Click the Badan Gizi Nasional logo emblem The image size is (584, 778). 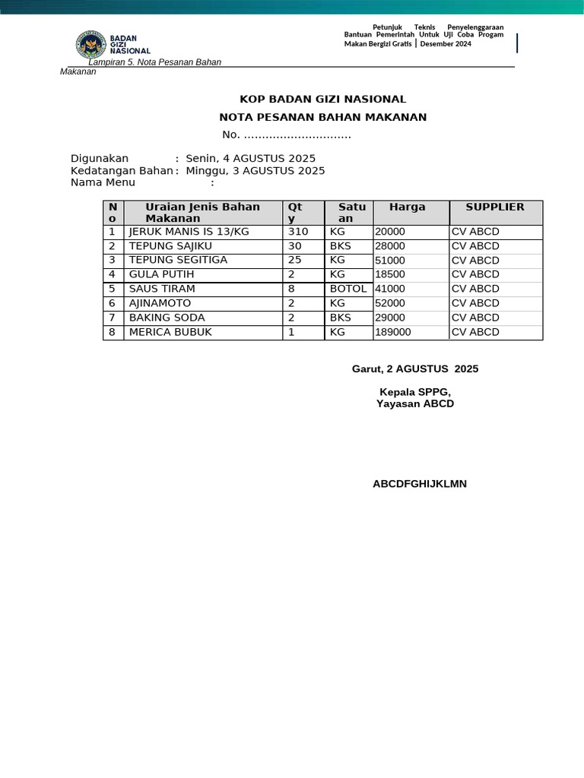click(91, 45)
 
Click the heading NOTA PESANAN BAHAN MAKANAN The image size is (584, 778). click(323, 117)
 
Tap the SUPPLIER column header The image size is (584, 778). click(495, 207)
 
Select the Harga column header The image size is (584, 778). click(408, 207)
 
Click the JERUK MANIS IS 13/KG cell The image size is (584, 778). click(189, 232)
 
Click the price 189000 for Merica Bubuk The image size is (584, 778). click(393, 332)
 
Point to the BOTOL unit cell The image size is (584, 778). click(348, 289)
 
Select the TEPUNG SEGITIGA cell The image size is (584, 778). click(178, 260)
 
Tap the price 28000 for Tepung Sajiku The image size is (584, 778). click(390, 246)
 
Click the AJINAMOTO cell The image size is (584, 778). click(160, 303)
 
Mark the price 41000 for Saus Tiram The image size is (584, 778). click(390, 289)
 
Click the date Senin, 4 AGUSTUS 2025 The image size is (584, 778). click(250, 158)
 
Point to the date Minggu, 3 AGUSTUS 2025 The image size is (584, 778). click(255, 171)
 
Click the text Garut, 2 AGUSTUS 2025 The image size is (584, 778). click(415, 368)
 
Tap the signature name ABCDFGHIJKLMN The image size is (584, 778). click(420, 484)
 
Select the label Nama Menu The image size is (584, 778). click(103, 182)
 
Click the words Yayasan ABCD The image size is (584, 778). click(415, 403)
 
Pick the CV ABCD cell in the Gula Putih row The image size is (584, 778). click(475, 274)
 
